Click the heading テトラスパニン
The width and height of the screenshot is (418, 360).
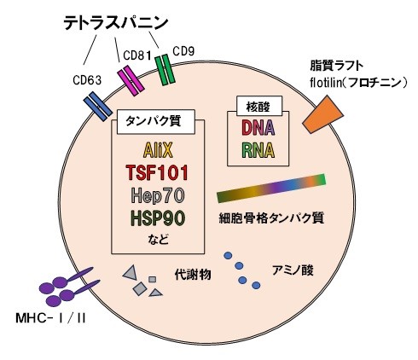pos(116,23)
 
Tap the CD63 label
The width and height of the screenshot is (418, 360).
pos(87,80)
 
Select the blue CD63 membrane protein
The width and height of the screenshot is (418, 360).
pos(98,107)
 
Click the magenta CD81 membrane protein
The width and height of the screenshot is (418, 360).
pos(131,81)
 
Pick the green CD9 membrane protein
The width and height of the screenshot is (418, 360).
pos(165,70)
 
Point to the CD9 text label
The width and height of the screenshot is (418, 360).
pos(183,52)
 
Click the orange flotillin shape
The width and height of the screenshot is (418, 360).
pos(322,114)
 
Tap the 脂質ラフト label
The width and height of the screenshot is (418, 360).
pos(337,66)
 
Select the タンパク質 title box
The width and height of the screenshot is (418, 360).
pos(156,122)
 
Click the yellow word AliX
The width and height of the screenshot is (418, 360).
pos(158,150)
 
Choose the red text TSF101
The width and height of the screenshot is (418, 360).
pos(157,172)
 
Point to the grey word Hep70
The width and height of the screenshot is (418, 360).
pos(158,195)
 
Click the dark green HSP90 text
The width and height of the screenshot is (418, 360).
pos(158,218)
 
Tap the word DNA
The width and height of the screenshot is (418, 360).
pos(258,128)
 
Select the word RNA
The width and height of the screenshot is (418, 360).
pos(258,150)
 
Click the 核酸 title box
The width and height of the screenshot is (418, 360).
pos(259,106)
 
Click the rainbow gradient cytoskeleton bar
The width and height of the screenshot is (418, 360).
pos(271,188)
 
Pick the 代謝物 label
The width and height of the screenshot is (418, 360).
pos(193,275)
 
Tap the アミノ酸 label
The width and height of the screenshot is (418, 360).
pos(293,270)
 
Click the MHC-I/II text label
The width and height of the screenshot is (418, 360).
pos(50,318)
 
